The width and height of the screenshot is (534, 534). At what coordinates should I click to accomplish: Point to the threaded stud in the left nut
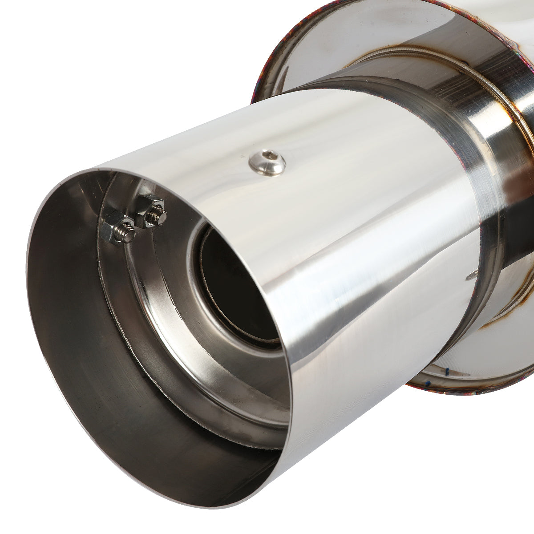point(127,235)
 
